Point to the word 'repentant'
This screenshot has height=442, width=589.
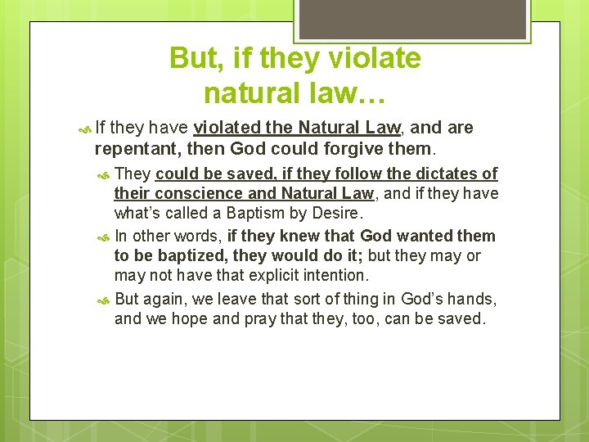click(137, 149)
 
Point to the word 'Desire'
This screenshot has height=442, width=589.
click(336, 213)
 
